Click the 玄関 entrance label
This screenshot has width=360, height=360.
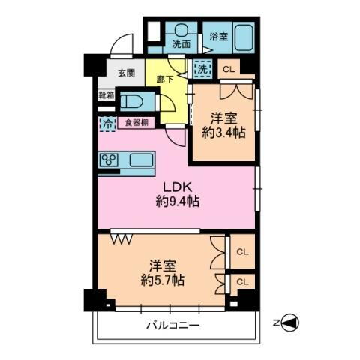127,73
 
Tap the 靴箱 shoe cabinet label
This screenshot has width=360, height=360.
107,95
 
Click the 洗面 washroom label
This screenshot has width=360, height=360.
181,44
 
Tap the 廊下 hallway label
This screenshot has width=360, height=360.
166,78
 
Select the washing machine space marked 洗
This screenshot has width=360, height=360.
202,69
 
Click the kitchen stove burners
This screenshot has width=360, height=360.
109,160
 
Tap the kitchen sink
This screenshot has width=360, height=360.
141,160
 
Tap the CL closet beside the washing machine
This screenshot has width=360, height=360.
229,69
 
